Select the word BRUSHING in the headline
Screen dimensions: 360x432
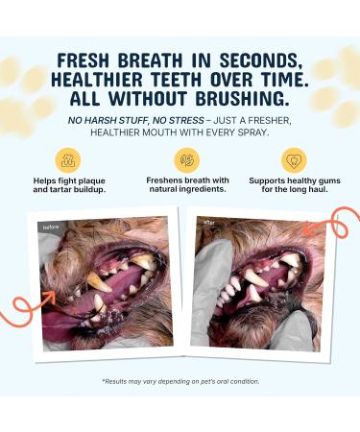point(240,98)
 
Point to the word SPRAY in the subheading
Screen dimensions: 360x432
point(252,132)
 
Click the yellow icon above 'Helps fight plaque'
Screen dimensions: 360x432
point(68,159)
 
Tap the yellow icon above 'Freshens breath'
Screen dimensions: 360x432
point(187,159)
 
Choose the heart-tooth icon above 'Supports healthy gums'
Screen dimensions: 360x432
point(294,159)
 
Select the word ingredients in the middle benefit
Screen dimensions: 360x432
point(203,189)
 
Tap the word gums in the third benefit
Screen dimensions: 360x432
point(328,181)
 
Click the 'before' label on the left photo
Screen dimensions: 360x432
point(51,227)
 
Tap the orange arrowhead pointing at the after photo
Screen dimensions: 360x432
point(307,228)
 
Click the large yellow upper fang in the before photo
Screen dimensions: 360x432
point(99,282)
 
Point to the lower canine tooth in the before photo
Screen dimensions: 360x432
point(100,303)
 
